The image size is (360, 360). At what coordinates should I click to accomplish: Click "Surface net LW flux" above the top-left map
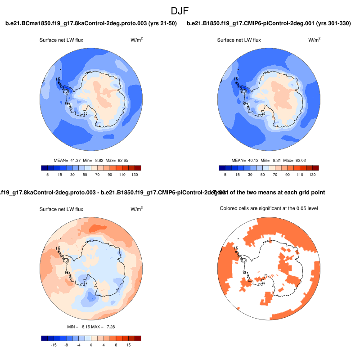point(61,40)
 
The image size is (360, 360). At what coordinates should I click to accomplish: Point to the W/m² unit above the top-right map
point(315,40)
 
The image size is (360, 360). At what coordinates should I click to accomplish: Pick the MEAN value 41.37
point(75,160)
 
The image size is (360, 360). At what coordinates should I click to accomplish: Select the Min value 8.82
point(98,160)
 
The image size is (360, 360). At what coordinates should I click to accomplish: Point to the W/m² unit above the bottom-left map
point(137,209)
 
